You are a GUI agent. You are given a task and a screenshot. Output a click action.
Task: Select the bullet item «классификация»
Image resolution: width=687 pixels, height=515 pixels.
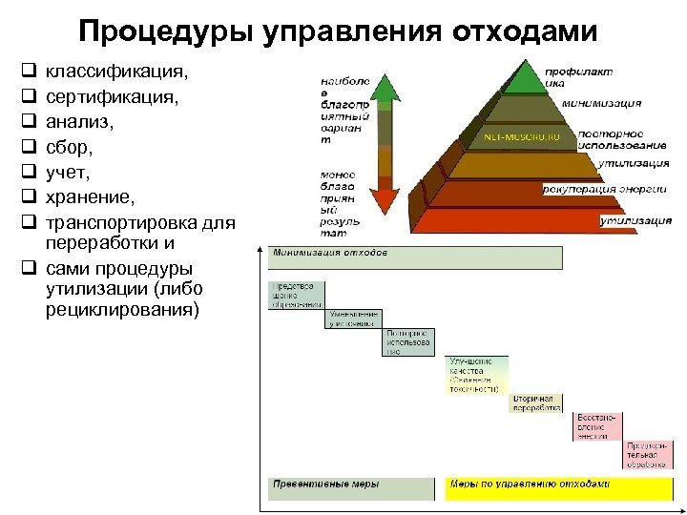point(115,72)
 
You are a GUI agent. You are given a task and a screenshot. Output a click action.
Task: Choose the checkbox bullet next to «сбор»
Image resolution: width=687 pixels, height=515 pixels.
point(29,148)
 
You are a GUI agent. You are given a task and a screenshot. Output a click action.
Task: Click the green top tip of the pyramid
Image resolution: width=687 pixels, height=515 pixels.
point(522,76)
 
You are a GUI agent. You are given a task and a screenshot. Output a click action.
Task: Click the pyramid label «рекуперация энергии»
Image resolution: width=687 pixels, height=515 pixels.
point(606,190)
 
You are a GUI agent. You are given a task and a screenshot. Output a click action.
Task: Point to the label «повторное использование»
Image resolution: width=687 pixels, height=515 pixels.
point(621,138)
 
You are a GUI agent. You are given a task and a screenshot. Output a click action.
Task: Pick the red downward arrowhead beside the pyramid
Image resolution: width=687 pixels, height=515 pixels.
point(385,200)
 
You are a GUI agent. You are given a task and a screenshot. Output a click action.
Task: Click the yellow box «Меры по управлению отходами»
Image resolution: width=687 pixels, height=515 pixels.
point(558,486)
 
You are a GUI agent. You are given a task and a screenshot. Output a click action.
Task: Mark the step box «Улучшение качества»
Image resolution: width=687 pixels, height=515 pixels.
point(476,375)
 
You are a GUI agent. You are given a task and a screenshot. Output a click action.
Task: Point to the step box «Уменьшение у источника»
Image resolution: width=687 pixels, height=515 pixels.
point(353,319)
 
